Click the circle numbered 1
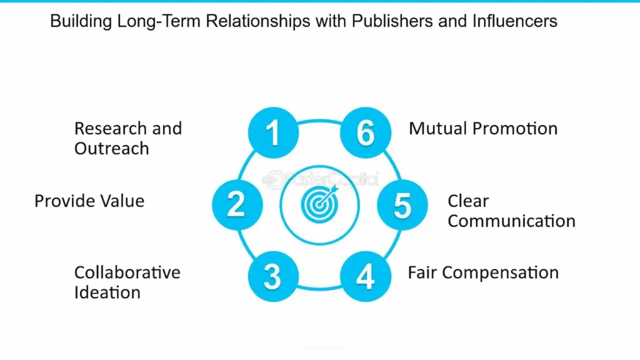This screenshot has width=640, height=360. pyautogui.click(x=273, y=132)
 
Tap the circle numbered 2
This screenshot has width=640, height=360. pyautogui.click(x=236, y=204)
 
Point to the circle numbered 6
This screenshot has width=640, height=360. pyautogui.click(x=366, y=132)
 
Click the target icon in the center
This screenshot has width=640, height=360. pyautogui.click(x=319, y=204)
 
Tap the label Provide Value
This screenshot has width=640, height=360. pyautogui.click(x=89, y=201)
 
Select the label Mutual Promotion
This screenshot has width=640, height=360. pyautogui.click(x=482, y=129)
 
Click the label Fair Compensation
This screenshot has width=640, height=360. pyautogui.click(x=482, y=272)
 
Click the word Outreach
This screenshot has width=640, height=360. pyautogui.click(x=111, y=149)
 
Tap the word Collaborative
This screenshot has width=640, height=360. pyautogui.click(x=127, y=272)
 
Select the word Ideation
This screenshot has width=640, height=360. pyautogui.click(x=107, y=292)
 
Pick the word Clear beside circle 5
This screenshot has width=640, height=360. pyautogui.click(x=468, y=201)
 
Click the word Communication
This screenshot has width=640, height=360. pyautogui.click(x=511, y=221)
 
